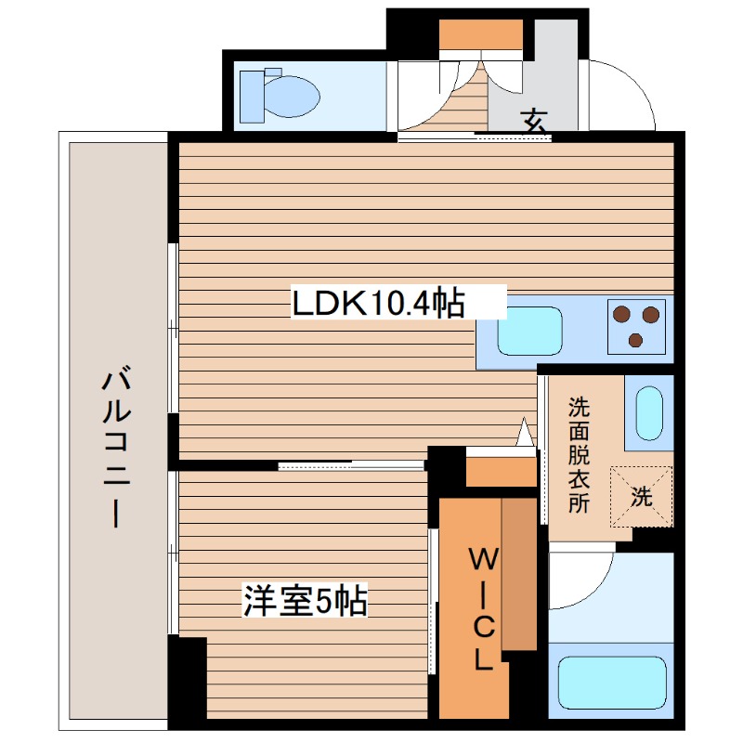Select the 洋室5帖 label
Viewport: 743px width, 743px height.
305,601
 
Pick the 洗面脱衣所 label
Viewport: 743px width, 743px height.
579,455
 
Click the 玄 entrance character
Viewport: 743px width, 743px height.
533,120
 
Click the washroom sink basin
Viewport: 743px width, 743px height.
648,410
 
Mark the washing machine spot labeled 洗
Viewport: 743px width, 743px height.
641,496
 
